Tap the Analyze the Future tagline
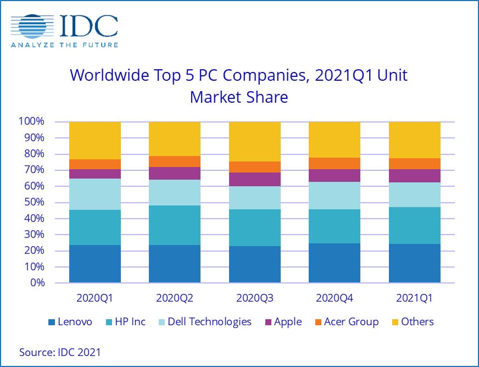point(64,45)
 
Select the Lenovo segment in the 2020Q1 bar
point(95,264)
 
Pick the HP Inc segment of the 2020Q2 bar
point(175,225)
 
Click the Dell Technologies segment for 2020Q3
point(254,198)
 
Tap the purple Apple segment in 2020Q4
point(334,175)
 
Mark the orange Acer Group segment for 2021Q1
point(414,164)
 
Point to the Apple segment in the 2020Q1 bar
point(95,174)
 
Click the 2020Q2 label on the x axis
point(175,299)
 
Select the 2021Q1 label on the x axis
point(414,299)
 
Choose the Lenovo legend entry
point(70,322)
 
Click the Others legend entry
point(411,322)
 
